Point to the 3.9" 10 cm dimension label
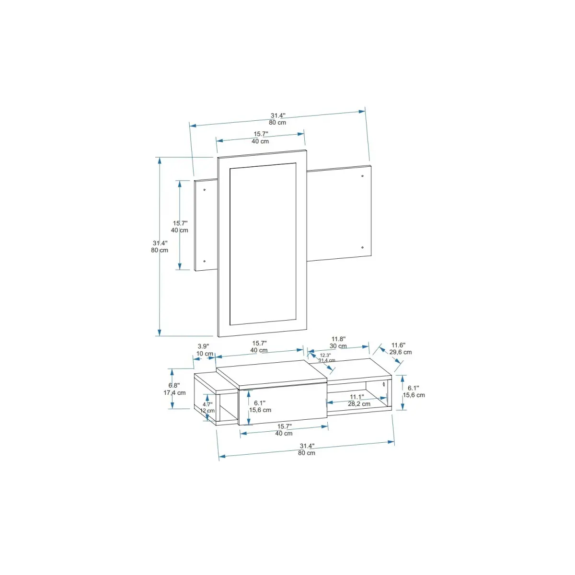pos(204,350)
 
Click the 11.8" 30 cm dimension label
pos(338,343)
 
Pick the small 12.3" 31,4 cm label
pos(326,358)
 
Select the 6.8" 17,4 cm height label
pos(174,389)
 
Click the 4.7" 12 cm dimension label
pos(207,408)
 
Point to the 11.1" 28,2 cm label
pos(358,401)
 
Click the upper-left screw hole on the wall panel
pos(205,190)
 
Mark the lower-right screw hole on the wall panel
pos(362,248)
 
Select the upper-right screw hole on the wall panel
pos(362,176)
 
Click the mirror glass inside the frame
pos(263,244)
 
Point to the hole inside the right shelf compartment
pos(384,385)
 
